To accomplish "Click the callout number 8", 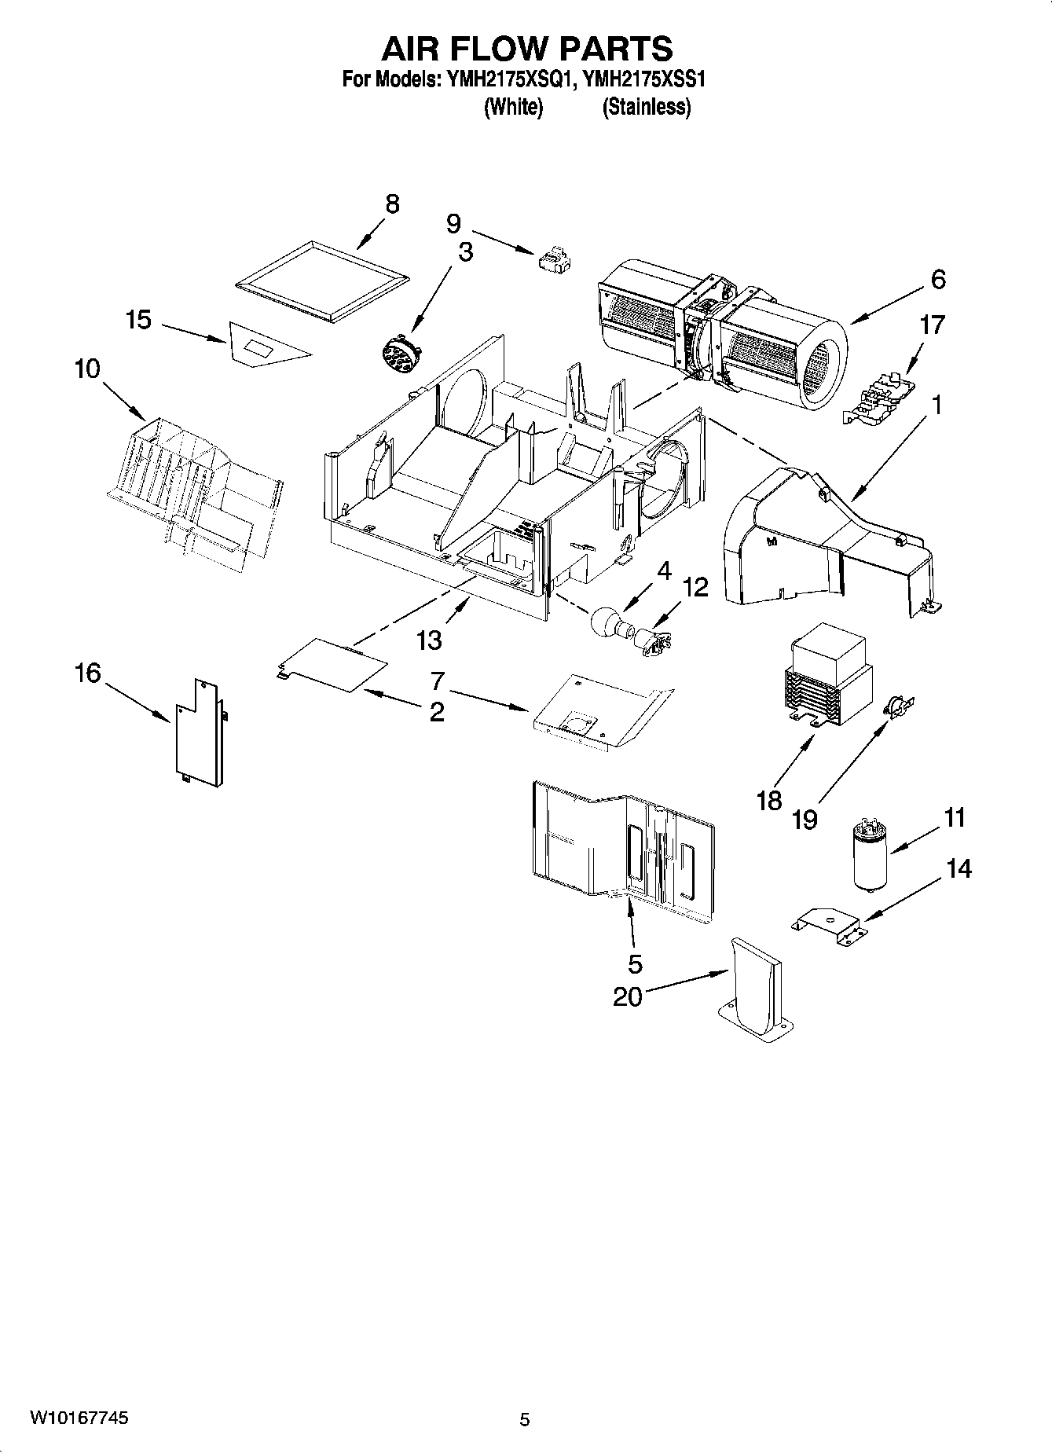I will (x=391, y=204).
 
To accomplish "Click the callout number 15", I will (x=138, y=320).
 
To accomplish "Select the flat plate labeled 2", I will (x=332, y=665).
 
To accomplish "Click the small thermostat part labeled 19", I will (x=895, y=706).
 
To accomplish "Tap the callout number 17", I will (x=932, y=325).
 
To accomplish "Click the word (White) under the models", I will (x=513, y=107).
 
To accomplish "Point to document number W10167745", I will (x=79, y=1418).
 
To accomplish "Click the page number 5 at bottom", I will (x=525, y=1419).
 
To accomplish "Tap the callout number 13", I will (x=429, y=640).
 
